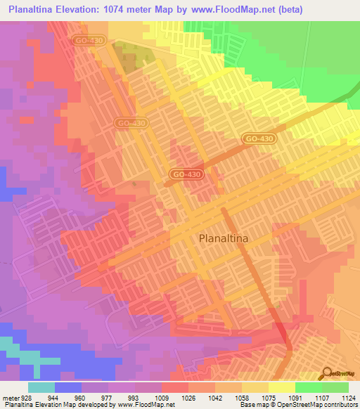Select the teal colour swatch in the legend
pyautogui.click(x=41, y=387)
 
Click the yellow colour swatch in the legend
pyautogui.click(x=281, y=387)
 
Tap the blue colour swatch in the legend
pyautogui.click(x=68, y=387)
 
